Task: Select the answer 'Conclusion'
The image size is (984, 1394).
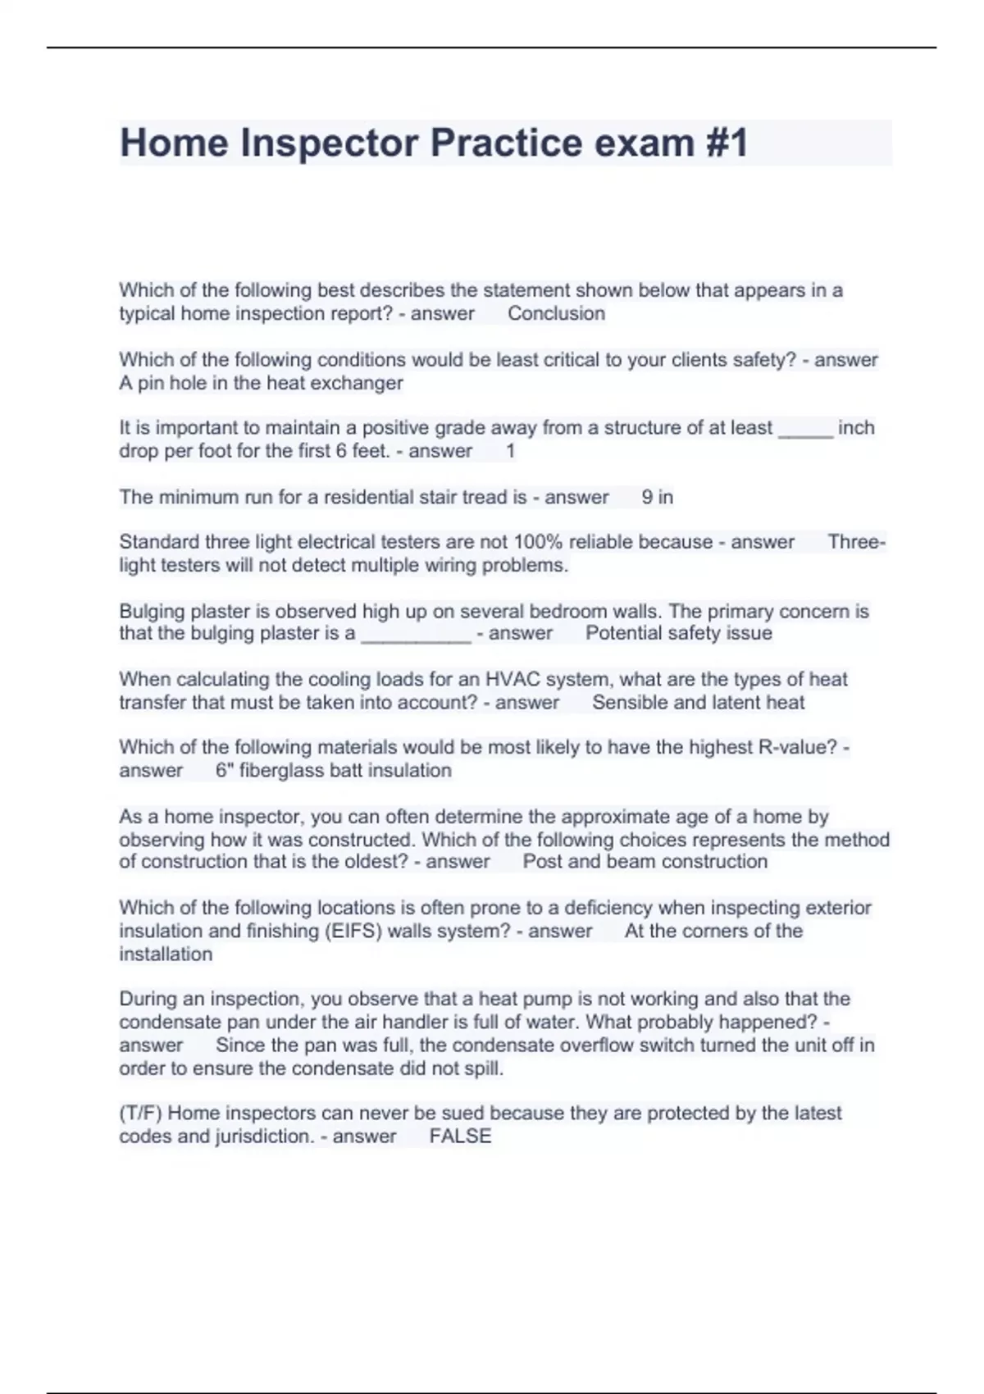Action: click(556, 313)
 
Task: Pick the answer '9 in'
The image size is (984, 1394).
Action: click(657, 497)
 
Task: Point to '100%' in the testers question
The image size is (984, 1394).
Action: click(537, 542)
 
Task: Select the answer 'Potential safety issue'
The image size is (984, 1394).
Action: click(679, 633)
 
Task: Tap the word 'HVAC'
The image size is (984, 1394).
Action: click(513, 679)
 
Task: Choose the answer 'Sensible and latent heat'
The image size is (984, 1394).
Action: click(698, 702)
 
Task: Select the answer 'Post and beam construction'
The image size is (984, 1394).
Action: click(645, 861)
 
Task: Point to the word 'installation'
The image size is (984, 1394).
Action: click(166, 954)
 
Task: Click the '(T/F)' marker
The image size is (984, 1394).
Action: click(140, 1113)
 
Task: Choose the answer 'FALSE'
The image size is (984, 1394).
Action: click(460, 1136)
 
